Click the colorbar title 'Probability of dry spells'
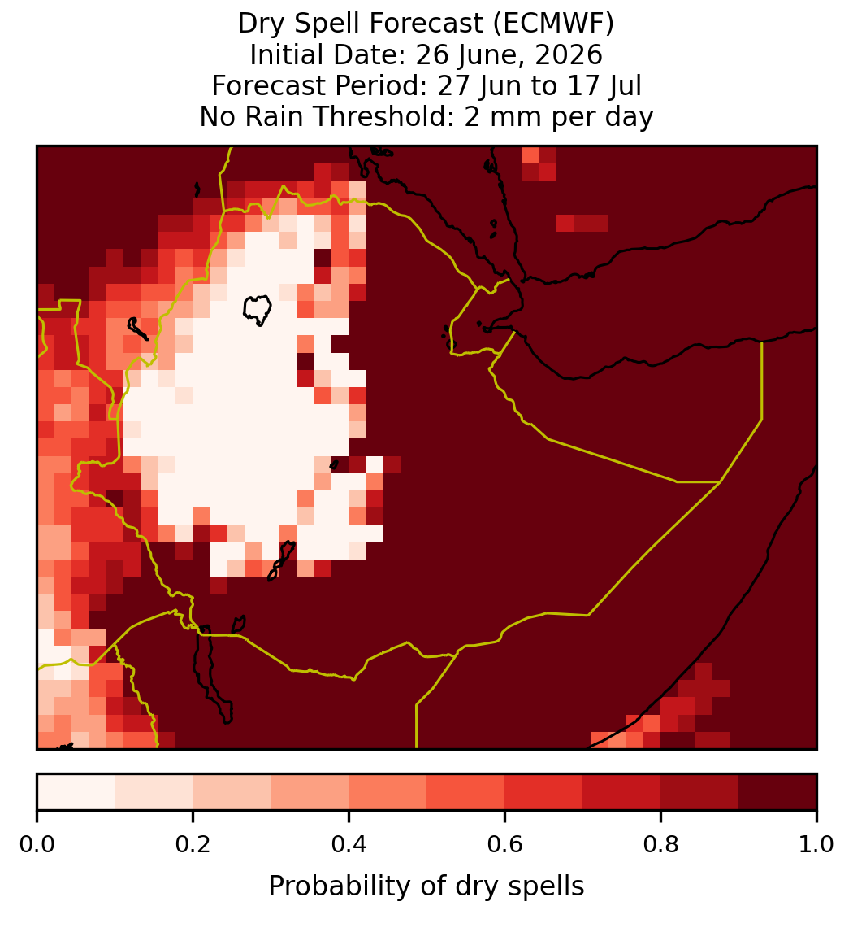[426, 886]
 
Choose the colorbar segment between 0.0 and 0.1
[76, 792]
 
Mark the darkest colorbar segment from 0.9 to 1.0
[777, 792]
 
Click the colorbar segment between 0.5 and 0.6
[466, 792]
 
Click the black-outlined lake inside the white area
[258, 310]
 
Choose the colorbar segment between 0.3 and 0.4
[310, 792]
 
